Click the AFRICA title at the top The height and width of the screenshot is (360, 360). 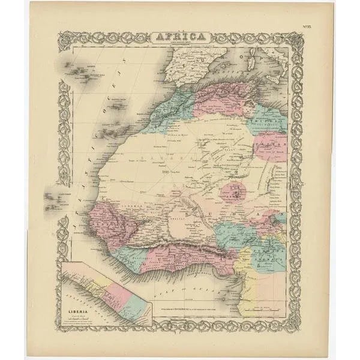click(x=180, y=37)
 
